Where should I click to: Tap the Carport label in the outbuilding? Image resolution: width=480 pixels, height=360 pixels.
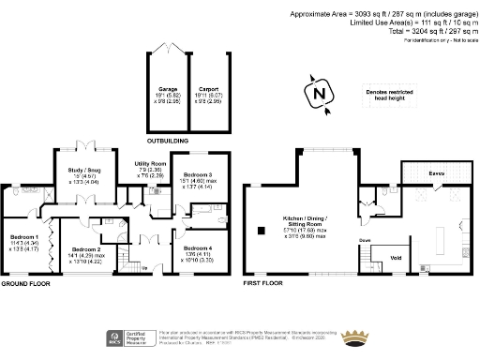pos(209,90)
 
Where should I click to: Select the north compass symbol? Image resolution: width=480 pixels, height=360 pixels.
pos(319,94)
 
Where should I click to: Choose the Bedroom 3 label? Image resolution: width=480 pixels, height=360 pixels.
pos(198,175)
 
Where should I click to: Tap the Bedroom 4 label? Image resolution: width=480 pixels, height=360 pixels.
pos(198,221)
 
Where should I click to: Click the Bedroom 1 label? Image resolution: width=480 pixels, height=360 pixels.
pos(23,236)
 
